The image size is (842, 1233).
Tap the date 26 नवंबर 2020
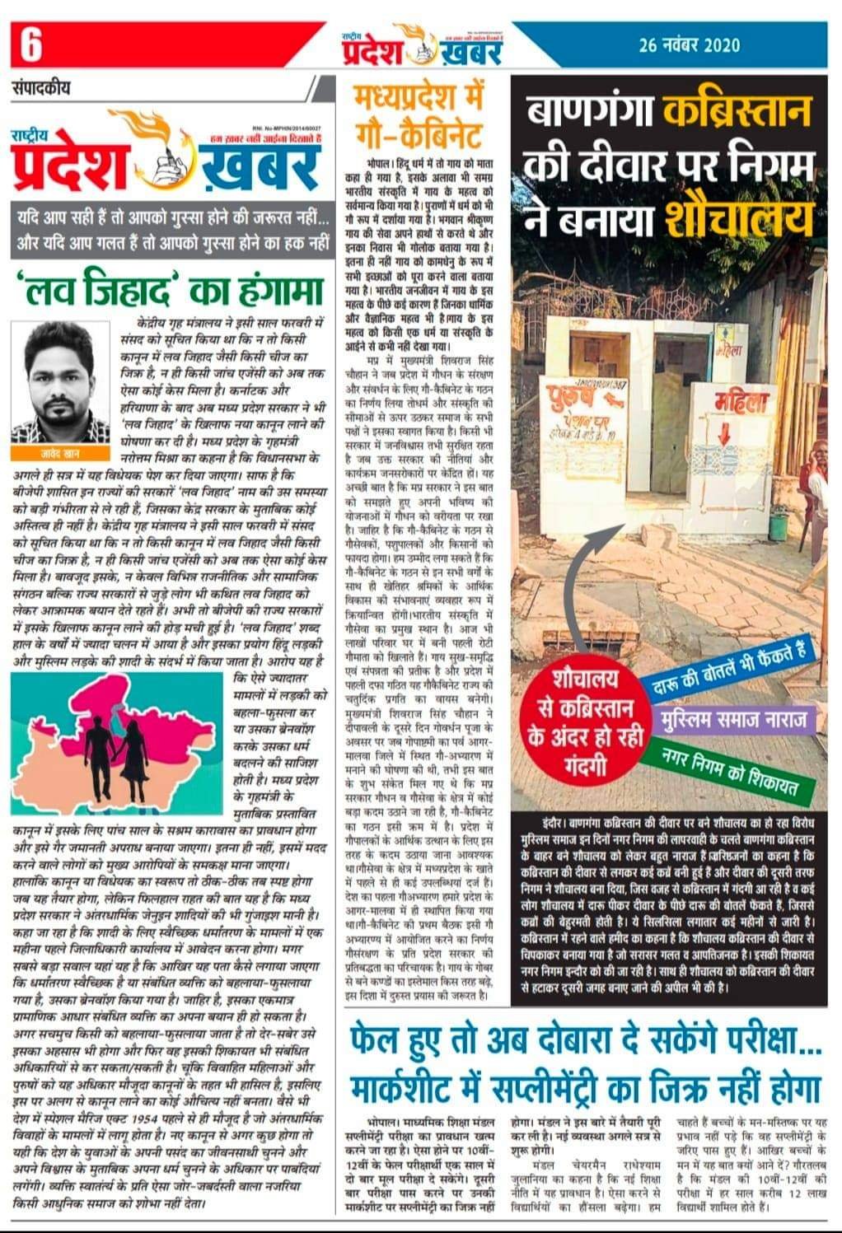click(689, 45)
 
